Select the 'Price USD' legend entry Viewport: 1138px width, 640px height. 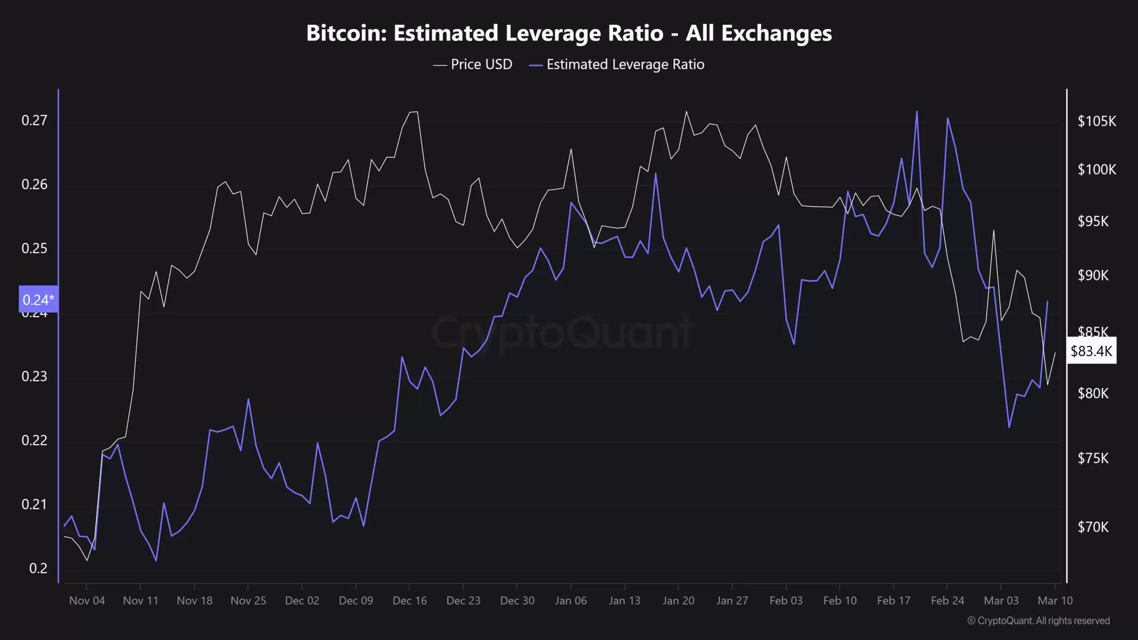(473, 64)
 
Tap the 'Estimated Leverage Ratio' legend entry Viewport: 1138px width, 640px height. (617, 64)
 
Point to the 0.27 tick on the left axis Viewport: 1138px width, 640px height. (34, 120)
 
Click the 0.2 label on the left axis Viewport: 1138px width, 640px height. (38, 568)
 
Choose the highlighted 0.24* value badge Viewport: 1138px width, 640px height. (38, 300)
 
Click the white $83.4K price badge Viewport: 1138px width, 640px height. (1091, 351)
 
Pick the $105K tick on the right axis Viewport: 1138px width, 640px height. (1097, 121)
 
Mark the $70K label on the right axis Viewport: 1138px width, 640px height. (1093, 527)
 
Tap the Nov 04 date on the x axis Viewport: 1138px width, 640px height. (87, 600)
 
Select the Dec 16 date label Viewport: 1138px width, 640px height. (409, 600)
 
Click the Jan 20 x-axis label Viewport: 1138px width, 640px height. (678, 600)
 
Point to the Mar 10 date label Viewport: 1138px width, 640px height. (1055, 600)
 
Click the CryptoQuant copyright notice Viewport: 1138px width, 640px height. (1038, 620)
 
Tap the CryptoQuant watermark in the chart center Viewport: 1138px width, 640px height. (562, 332)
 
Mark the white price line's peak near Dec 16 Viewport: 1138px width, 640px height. (413, 112)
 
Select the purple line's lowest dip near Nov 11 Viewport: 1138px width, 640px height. (156, 560)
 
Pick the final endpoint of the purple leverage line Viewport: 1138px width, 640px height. (1048, 301)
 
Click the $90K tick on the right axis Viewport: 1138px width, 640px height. (1093, 276)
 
